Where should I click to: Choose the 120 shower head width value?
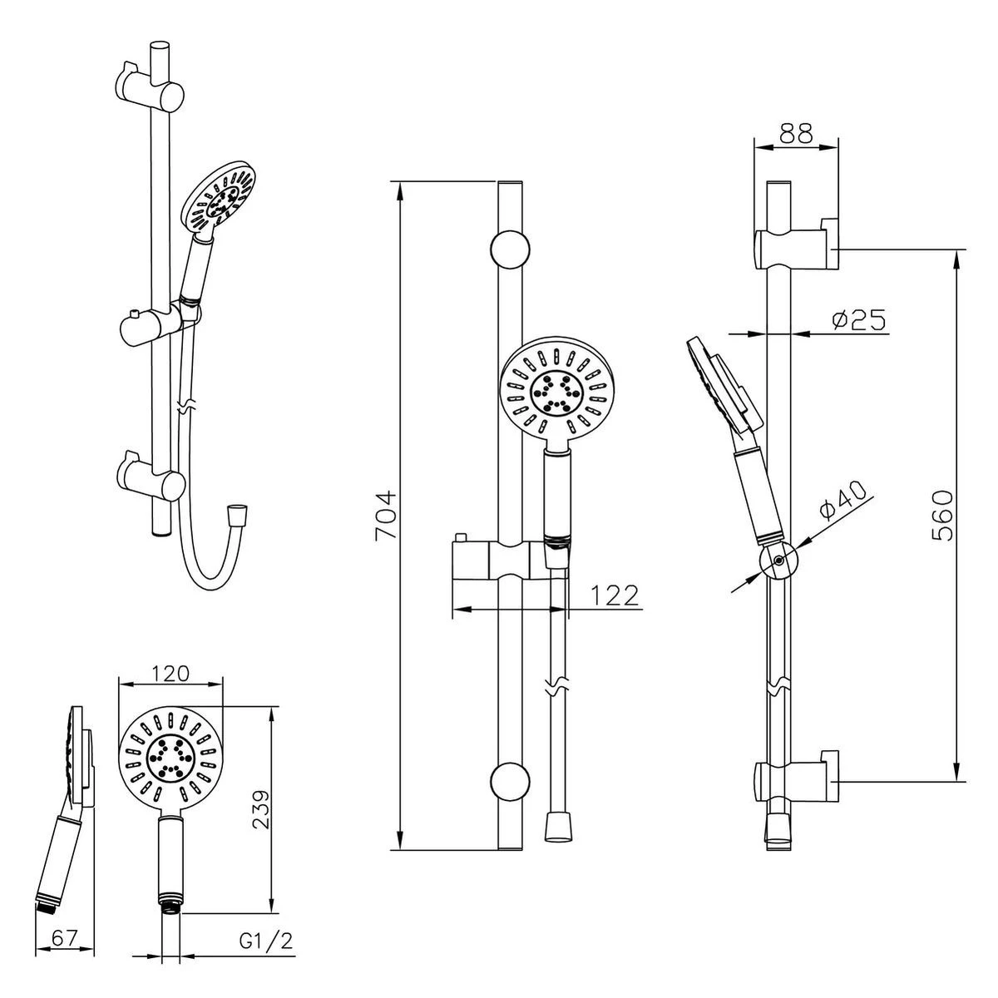click(172, 673)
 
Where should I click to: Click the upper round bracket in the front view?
click(511, 249)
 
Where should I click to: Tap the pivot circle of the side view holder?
click(778, 561)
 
